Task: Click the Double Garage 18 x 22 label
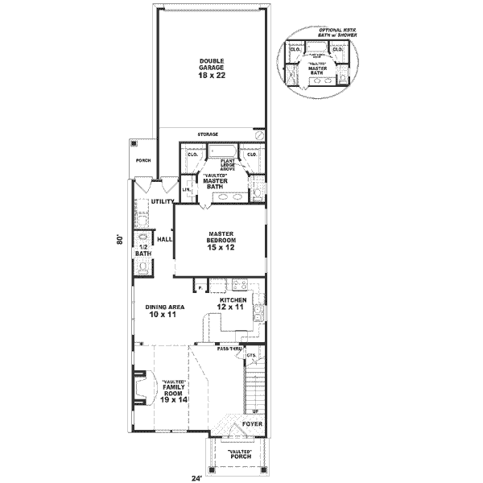click(x=211, y=68)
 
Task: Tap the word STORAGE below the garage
click(x=208, y=134)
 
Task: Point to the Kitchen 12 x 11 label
click(x=230, y=303)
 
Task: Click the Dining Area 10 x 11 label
click(x=162, y=311)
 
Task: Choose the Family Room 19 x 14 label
click(x=174, y=391)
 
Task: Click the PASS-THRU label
click(x=229, y=349)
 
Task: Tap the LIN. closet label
click(x=186, y=190)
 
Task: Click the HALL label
click(x=165, y=239)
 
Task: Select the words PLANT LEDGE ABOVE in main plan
click(x=221, y=165)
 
